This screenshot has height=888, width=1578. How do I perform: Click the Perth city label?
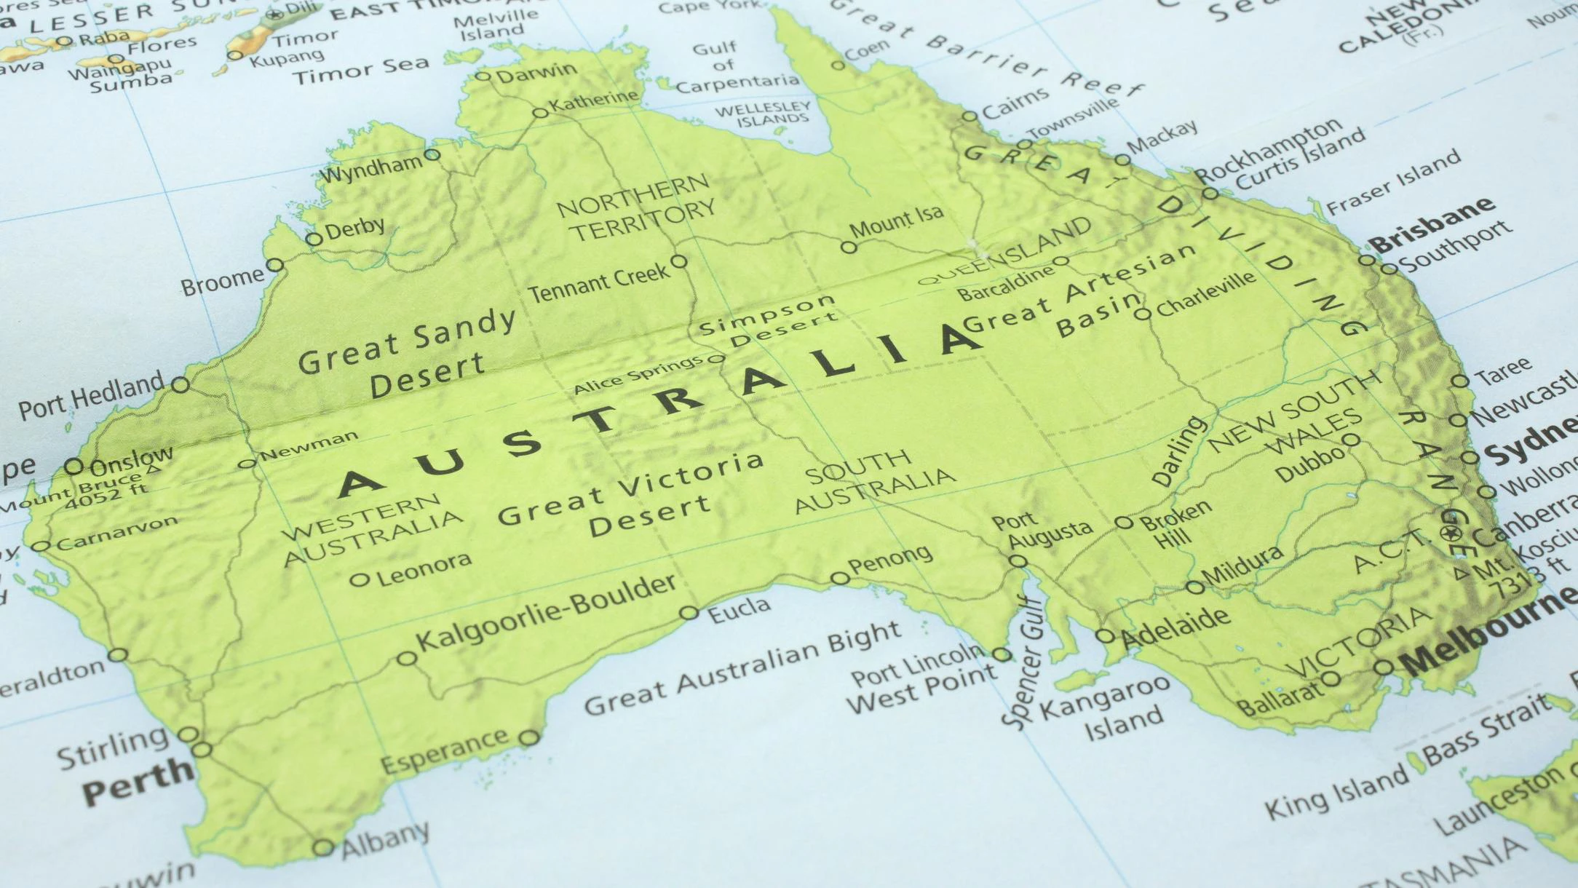(x=136, y=781)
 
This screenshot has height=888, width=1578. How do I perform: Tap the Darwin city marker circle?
(x=483, y=76)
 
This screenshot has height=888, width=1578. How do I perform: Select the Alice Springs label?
(x=638, y=375)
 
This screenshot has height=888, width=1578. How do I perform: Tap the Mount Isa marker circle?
(x=849, y=247)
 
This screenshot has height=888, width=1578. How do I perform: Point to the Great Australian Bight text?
(x=742, y=670)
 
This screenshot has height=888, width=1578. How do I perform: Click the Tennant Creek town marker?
(x=678, y=261)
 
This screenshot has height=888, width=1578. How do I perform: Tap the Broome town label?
(x=222, y=281)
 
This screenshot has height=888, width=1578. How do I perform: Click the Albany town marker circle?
(x=322, y=848)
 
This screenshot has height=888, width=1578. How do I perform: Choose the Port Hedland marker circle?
(x=180, y=384)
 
